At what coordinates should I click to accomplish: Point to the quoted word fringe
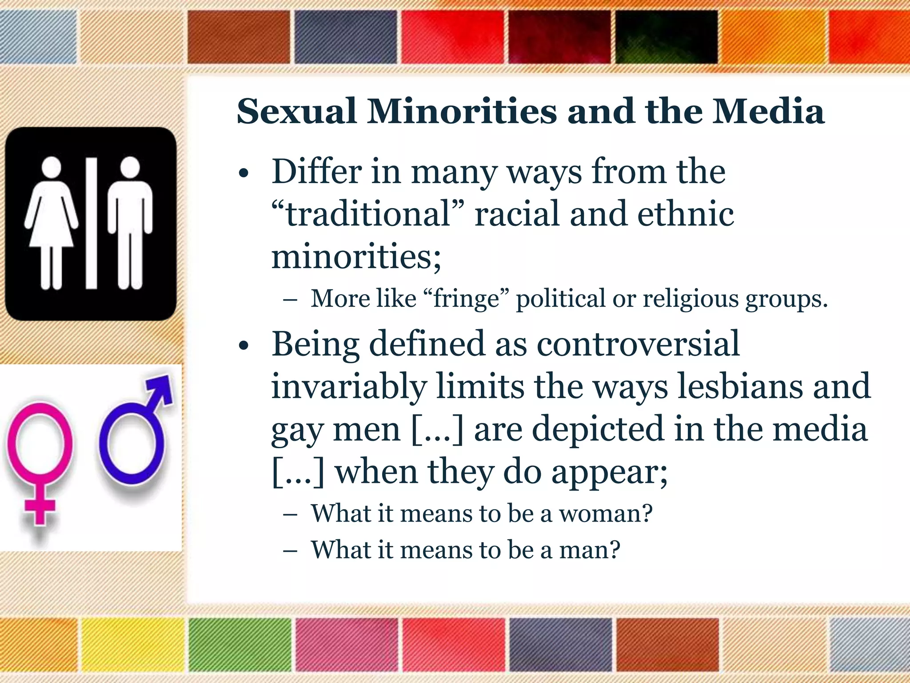tap(467, 298)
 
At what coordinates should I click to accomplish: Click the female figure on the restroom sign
tap(52, 222)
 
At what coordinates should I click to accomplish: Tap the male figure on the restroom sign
tap(130, 222)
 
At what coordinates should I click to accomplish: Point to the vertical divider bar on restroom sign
tap(92, 222)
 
